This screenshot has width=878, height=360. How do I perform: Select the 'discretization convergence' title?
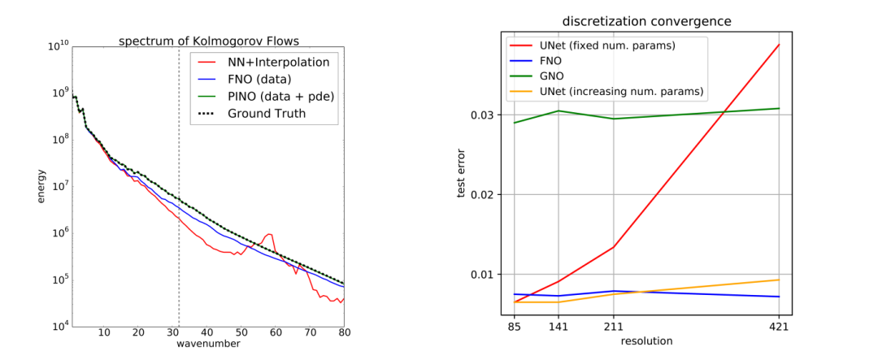pos(646,21)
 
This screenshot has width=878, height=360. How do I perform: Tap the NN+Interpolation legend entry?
pos(265,62)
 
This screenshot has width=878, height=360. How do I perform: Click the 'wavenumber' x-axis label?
pos(208,344)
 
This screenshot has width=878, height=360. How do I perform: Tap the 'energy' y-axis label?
pos(41,187)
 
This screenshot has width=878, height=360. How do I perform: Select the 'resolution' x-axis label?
pos(646,341)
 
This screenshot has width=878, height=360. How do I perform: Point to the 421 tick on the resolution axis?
pos(779,327)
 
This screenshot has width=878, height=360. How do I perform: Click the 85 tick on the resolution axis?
pos(514,327)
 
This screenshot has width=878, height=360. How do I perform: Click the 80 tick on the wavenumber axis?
pos(344,332)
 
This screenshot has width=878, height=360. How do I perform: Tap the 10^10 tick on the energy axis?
pos(57,46)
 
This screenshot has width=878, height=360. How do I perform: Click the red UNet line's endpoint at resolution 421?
pos(779,45)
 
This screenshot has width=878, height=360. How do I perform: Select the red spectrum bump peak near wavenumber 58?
pos(268,235)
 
